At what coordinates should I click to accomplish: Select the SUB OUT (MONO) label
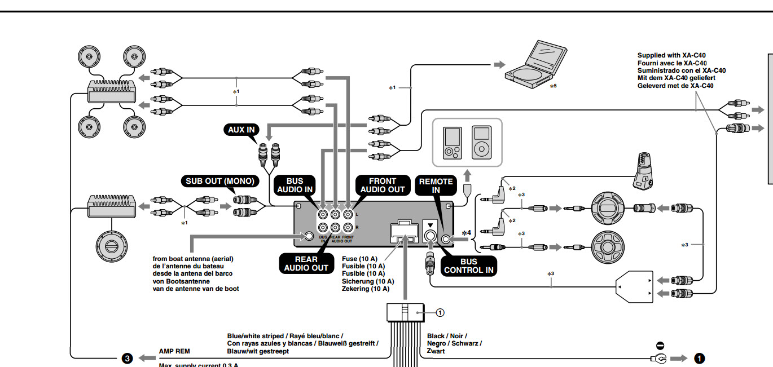tap(219, 182)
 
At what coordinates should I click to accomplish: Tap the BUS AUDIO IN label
tap(295, 185)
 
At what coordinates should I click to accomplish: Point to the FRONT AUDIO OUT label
tap(382, 185)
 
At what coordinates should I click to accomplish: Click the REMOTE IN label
tap(436, 185)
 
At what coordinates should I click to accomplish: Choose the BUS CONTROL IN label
tap(468, 266)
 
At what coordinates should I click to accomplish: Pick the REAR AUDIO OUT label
tap(306, 264)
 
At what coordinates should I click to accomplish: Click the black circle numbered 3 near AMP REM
tap(128, 358)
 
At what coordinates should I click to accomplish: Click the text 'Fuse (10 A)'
tap(363, 258)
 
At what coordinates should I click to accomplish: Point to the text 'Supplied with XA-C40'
tap(671, 55)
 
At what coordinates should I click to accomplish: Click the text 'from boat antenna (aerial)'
tap(192, 258)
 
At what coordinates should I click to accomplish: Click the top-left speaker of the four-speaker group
tap(91, 57)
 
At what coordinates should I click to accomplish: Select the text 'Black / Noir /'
tap(446, 336)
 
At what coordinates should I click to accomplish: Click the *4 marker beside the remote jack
tap(466, 232)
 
